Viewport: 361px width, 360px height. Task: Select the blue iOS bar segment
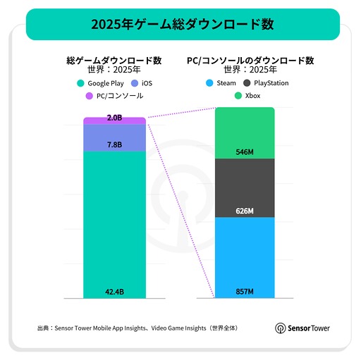coord(114,137)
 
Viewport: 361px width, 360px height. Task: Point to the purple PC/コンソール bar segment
coord(114,121)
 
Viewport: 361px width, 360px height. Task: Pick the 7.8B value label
coord(114,144)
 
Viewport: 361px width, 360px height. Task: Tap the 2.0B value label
coord(114,118)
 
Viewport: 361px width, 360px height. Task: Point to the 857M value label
coord(245,292)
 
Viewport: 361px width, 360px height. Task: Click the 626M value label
coord(245,211)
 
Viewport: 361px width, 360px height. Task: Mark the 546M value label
coord(245,151)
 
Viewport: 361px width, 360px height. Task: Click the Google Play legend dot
coord(82,83)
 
